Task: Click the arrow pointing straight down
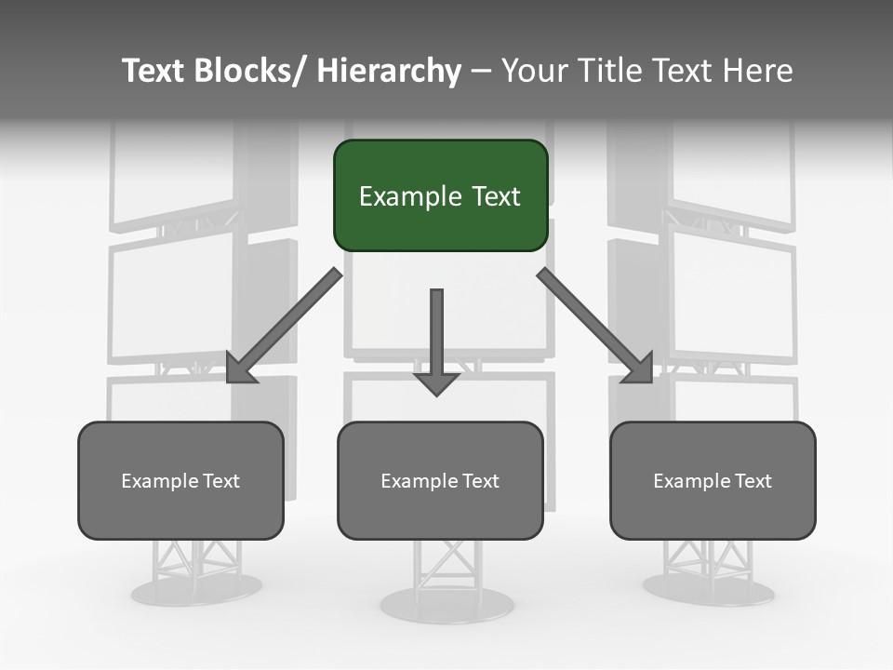[x=436, y=340]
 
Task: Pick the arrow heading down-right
[x=595, y=326]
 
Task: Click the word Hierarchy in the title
[x=389, y=71]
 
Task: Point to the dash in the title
[x=481, y=71]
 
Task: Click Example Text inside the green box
[x=440, y=196]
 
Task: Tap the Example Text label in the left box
[x=180, y=481]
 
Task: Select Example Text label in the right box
[x=713, y=481]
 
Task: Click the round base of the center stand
[x=447, y=605]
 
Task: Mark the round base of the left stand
[x=195, y=589]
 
